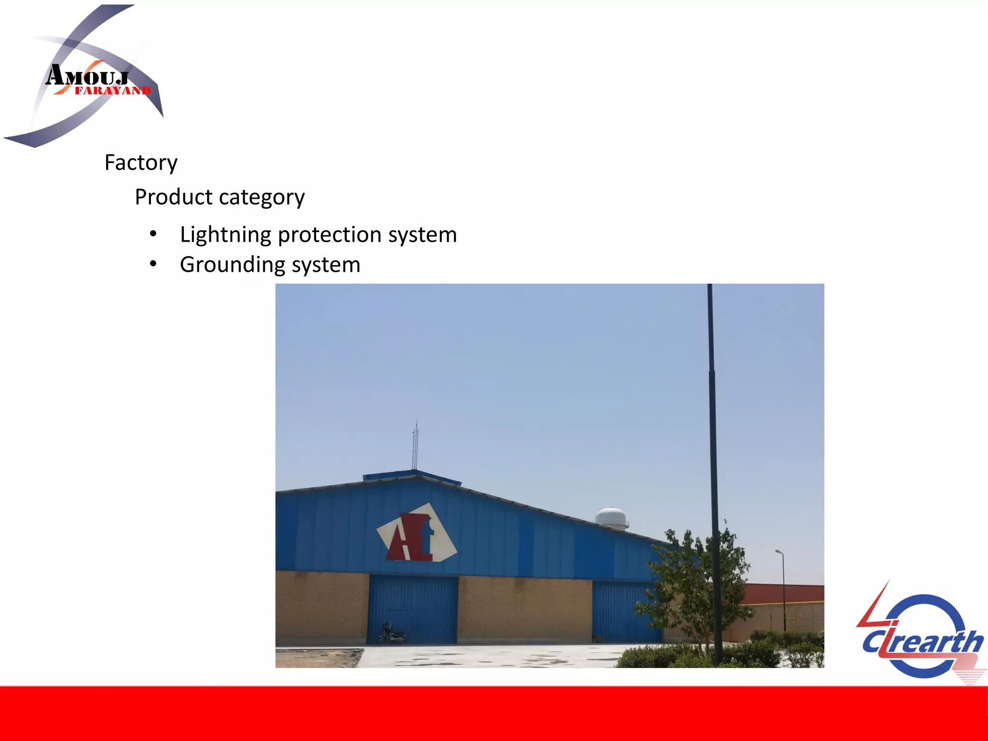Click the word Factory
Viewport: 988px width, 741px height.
pyautogui.click(x=141, y=163)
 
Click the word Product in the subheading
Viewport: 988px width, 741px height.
pyautogui.click(x=173, y=197)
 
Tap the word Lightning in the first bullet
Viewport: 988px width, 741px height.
pyautogui.click(x=226, y=235)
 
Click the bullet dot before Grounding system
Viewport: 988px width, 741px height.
pyautogui.click(x=153, y=264)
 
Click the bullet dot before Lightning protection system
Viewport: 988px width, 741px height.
pyautogui.click(x=153, y=234)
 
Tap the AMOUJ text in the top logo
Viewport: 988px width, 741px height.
pyautogui.click(x=87, y=76)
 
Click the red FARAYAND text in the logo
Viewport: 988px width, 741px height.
pyautogui.click(x=112, y=91)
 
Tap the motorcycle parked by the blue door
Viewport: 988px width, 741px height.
pyautogui.click(x=391, y=633)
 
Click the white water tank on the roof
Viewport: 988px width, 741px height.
pyautogui.click(x=611, y=518)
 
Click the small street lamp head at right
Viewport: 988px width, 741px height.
pyautogui.click(x=779, y=551)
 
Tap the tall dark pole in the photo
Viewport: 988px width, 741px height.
pyautogui.click(x=713, y=434)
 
